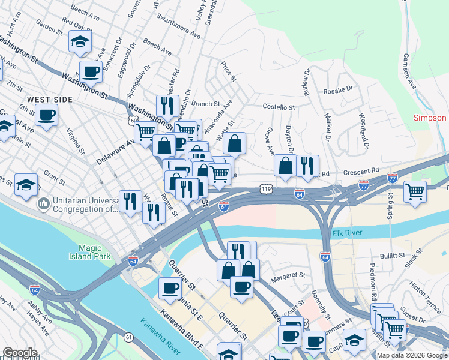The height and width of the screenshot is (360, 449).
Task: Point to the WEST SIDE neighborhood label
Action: tap(49, 99)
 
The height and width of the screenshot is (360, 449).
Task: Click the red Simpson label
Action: tap(430, 118)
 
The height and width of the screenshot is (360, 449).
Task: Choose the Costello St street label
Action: tap(279, 107)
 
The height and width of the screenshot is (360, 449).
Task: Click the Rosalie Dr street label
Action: tap(338, 90)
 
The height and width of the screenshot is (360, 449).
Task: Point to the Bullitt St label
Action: tap(393, 256)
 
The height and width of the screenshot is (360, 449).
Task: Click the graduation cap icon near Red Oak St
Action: tap(79, 42)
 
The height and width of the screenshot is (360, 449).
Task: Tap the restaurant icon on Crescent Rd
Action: tap(307, 166)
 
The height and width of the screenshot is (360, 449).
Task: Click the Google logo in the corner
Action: tap(20, 353)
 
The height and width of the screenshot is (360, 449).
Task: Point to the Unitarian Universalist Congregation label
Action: tap(84, 205)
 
